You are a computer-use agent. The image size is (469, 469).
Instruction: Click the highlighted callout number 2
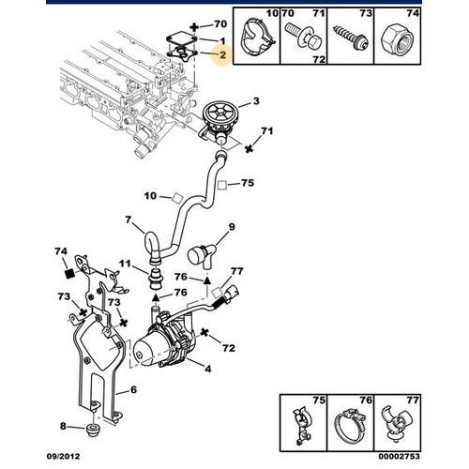[x=222, y=55]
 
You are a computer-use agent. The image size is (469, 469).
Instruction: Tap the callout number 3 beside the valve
[x=256, y=101]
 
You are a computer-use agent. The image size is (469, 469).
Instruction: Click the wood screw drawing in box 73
[x=350, y=38]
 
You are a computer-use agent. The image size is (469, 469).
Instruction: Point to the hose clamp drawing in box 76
[x=350, y=426]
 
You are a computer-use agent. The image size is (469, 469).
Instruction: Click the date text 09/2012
[x=64, y=456]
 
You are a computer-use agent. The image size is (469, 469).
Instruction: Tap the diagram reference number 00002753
[x=399, y=456]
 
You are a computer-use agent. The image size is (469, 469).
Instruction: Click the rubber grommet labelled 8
[x=93, y=430]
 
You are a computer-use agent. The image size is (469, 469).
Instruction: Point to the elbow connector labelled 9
[x=202, y=255]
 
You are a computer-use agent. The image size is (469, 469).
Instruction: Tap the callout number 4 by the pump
[x=208, y=369]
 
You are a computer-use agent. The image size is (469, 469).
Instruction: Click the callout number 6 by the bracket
[x=133, y=390]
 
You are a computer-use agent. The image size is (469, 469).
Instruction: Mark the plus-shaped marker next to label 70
[x=194, y=27]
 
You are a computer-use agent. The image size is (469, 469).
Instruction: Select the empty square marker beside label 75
[x=222, y=185]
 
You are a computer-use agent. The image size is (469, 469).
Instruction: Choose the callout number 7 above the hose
[x=128, y=219]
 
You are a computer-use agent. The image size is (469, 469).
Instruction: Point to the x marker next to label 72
[x=204, y=333]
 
